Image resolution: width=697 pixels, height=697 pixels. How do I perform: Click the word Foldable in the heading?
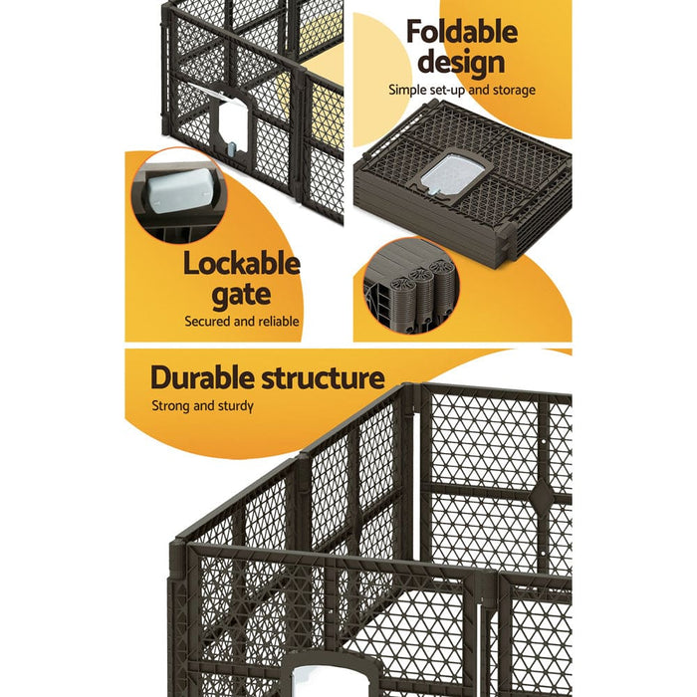point(461,31)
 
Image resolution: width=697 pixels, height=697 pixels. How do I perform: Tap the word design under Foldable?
point(461,62)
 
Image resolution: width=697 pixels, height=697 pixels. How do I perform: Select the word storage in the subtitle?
point(513,90)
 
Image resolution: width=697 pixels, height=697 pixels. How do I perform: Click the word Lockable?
point(241,264)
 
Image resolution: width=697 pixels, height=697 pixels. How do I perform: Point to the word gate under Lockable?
point(241,295)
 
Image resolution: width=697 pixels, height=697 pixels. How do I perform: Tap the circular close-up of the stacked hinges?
point(409,284)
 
